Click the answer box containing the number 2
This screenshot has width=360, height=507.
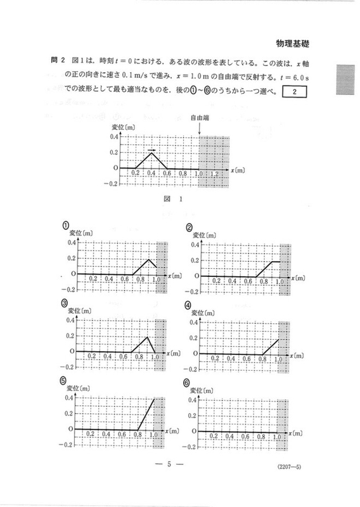(x=296, y=93)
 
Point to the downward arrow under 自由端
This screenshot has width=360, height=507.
(x=200, y=128)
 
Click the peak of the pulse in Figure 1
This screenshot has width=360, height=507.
(x=151, y=153)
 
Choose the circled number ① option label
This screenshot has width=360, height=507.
(x=66, y=226)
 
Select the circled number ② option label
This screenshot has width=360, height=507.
(x=189, y=228)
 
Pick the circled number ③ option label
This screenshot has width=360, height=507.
(x=66, y=303)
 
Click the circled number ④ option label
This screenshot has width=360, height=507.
(x=189, y=305)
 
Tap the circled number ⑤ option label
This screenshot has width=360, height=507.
(x=64, y=380)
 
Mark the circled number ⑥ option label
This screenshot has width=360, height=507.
(x=188, y=383)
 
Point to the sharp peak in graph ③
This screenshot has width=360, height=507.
(x=147, y=336)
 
